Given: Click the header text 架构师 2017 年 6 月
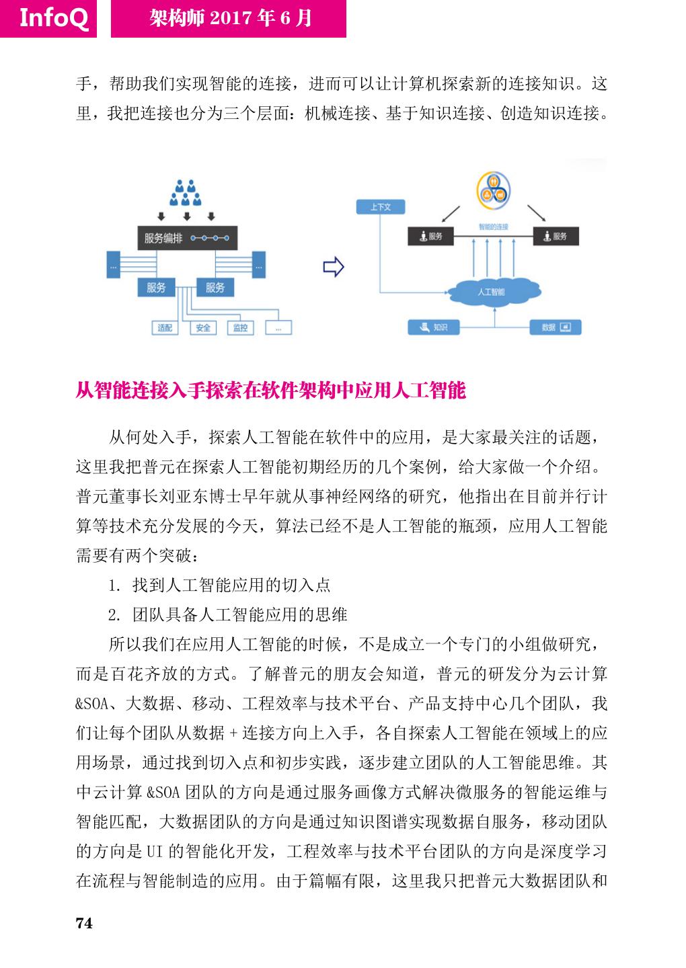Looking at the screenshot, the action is point(230,18).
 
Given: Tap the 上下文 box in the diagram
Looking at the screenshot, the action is point(381,207).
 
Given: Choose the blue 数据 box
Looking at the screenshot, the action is point(556,327).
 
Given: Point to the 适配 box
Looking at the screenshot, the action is point(165,327).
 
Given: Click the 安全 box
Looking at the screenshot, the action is point(202,327).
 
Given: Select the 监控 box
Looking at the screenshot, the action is point(240,327).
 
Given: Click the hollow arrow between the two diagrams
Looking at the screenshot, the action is point(334,267).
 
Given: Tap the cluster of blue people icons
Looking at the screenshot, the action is point(186,193).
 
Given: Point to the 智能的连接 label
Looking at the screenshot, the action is point(493,227).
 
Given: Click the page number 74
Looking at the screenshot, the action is point(84,923).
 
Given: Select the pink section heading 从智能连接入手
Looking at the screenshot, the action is point(270,391).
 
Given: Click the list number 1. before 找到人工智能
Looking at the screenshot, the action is point(114,586).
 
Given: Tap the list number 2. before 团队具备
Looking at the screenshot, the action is point(114,615).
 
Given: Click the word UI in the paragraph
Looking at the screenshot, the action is point(153,851).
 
